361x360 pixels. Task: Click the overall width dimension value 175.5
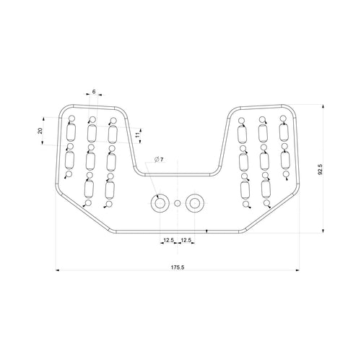tap(178, 267)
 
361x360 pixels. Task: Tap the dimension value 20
tap(40, 131)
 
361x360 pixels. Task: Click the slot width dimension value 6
tap(94, 92)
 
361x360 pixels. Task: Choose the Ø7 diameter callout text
tap(159, 159)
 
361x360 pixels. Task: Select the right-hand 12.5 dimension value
tap(186, 239)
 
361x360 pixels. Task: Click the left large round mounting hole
tap(159, 203)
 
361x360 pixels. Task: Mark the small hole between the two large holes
tap(177, 204)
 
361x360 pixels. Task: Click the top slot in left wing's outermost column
tap(71, 133)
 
